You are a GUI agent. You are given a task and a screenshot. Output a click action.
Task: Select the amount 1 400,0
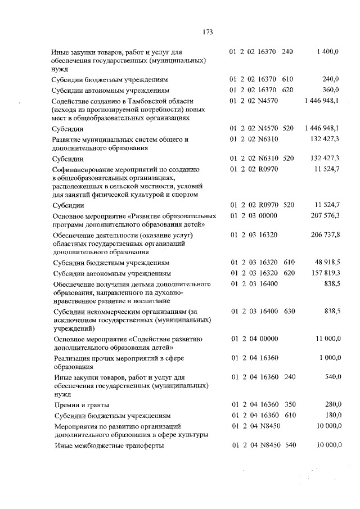[328, 52]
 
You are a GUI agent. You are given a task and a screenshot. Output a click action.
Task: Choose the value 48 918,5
[326, 263]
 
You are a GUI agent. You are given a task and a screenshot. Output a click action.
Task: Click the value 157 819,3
[324, 274]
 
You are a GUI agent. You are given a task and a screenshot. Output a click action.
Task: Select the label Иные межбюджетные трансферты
[108, 446]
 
